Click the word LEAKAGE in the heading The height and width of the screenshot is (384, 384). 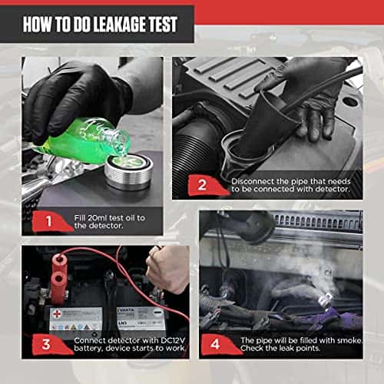click(119, 25)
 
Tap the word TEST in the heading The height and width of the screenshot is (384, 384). click(163, 25)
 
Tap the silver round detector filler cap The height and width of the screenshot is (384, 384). click(129, 171)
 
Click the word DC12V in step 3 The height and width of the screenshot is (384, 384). click(173, 340)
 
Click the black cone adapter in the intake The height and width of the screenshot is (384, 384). click(266, 123)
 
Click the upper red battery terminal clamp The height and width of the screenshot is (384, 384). click(60, 262)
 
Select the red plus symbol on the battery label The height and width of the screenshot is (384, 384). click(56, 314)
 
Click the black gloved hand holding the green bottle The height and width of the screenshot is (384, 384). click(77, 94)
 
